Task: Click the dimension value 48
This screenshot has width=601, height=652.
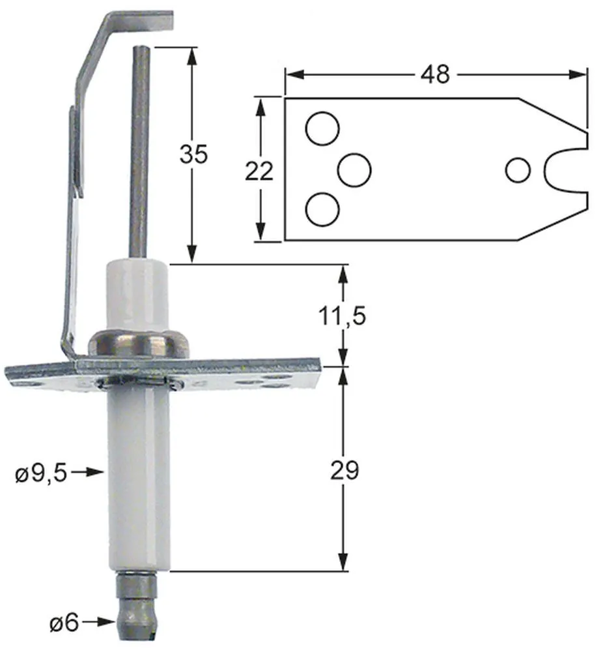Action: tap(435, 74)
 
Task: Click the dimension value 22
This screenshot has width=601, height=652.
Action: tap(259, 171)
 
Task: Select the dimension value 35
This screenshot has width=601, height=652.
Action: tap(193, 155)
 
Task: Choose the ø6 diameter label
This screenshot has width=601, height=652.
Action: tap(64, 623)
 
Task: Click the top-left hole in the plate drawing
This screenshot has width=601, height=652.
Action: tap(322, 128)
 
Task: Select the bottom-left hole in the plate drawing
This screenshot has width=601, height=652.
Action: tap(322, 210)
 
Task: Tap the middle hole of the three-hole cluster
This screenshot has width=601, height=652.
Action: tap(354, 170)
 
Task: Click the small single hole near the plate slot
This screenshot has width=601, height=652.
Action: tap(518, 170)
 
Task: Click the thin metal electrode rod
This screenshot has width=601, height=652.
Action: tap(139, 150)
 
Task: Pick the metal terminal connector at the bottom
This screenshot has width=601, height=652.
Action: tap(137, 606)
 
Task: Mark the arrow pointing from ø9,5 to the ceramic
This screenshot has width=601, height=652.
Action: tap(90, 471)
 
